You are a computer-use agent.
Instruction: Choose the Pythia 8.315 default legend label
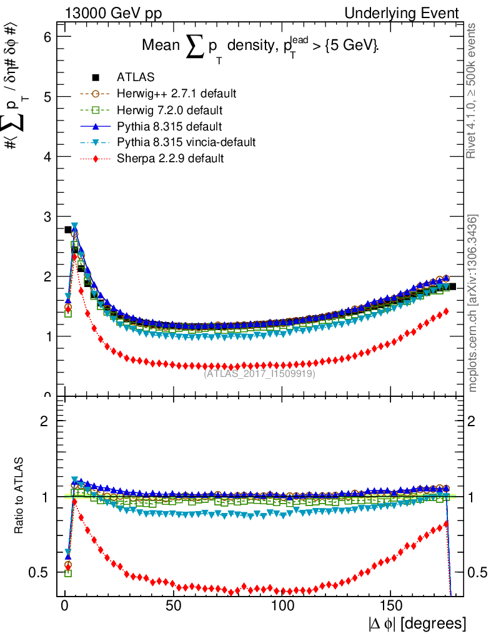[x=169, y=126]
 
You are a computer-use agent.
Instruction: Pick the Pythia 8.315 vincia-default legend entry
[x=186, y=142]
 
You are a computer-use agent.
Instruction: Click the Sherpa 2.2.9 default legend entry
[x=170, y=159]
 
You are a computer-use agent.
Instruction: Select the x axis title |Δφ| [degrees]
[x=417, y=623]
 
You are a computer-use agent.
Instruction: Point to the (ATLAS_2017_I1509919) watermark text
[x=259, y=374]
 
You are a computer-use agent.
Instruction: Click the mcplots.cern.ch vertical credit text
[x=473, y=303]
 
